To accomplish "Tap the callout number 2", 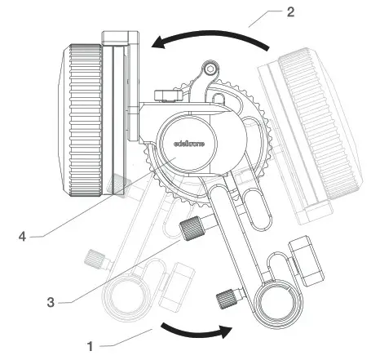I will [x=290, y=12].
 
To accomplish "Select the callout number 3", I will [x=51, y=300].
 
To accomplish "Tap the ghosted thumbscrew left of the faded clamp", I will [x=97, y=260].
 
